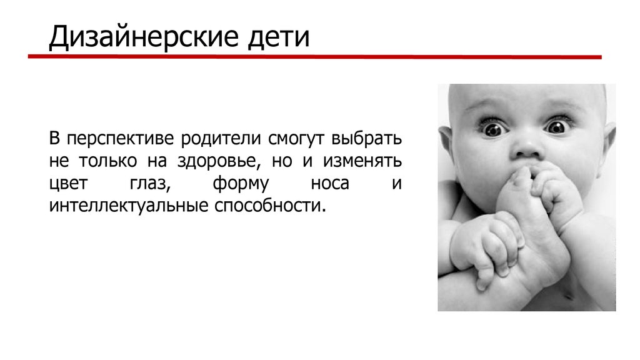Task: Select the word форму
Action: [241, 184]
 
